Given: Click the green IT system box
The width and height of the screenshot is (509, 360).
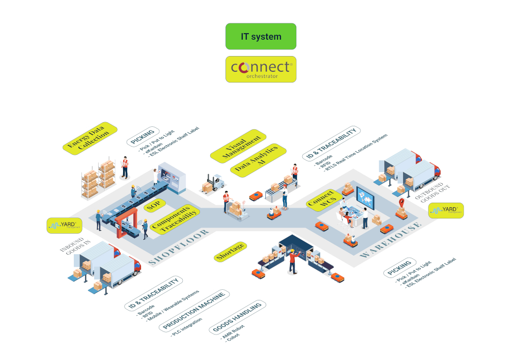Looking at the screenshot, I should click(261, 37).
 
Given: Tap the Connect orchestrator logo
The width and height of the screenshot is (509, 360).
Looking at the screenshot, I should click(261, 69).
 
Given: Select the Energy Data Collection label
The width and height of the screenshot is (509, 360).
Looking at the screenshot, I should click(90, 137).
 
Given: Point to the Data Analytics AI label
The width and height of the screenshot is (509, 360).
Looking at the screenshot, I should click(257, 159).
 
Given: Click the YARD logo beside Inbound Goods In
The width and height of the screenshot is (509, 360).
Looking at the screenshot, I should click(65, 226).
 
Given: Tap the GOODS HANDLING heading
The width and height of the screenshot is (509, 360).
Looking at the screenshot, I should click(238, 317).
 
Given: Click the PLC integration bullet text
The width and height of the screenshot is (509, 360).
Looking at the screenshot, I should click(186, 327).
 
